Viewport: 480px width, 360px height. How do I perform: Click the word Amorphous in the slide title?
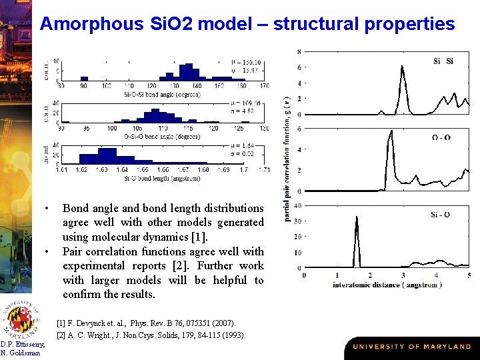(x=91, y=25)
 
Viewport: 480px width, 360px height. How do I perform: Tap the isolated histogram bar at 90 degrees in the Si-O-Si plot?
(x=84, y=78)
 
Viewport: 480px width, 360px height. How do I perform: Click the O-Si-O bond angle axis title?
(x=162, y=137)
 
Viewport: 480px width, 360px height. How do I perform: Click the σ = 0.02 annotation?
(x=248, y=154)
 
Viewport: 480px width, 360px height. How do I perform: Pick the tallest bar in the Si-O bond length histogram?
(x=107, y=157)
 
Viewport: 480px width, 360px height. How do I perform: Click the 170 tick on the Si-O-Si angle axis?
(x=265, y=86)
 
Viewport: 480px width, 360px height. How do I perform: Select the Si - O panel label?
(x=440, y=215)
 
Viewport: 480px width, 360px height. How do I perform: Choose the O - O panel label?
(x=441, y=138)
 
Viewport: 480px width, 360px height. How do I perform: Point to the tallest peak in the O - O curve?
(x=391, y=133)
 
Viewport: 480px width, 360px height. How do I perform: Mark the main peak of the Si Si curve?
(x=402, y=67)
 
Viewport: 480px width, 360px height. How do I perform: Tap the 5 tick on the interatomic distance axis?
(x=469, y=275)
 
